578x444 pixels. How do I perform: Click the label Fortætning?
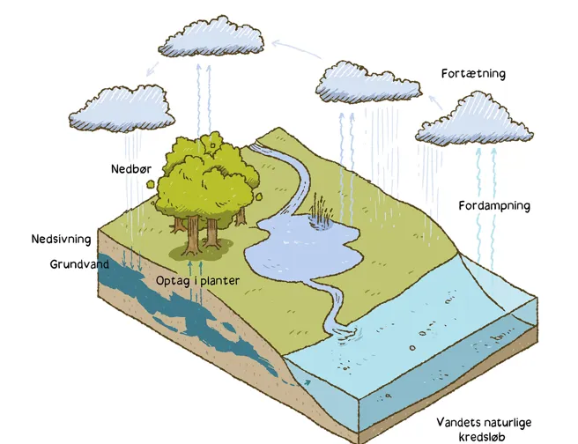(473, 74)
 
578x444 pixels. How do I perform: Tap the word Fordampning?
(493, 206)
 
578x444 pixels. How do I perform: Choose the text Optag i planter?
(197, 281)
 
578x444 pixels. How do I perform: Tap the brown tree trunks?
(201, 231)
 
